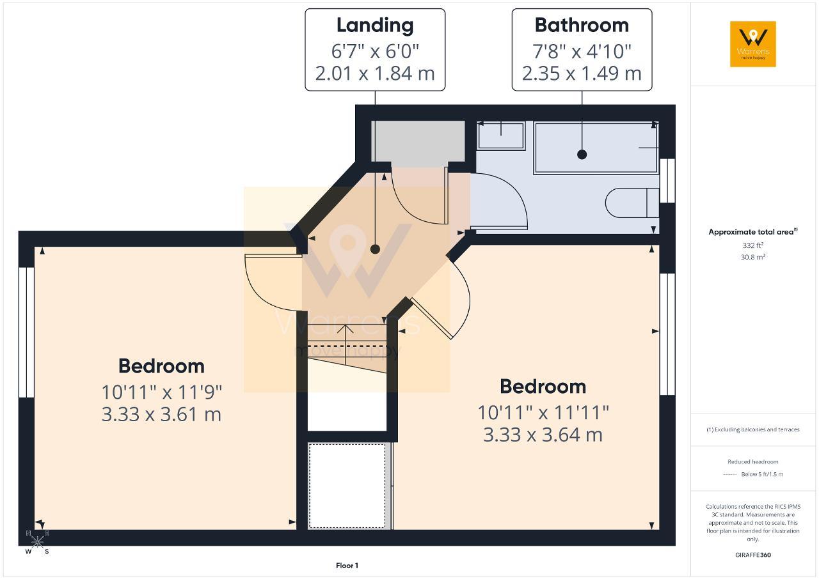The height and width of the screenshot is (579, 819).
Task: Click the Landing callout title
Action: (375, 26)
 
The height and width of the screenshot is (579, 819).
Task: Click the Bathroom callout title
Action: (582, 25)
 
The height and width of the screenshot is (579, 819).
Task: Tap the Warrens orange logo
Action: (753, 44)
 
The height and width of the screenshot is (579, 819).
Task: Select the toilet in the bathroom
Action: (632, 203)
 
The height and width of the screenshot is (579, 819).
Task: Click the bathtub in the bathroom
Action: (596, 148)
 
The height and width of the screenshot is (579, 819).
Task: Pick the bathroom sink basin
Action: (501, 135)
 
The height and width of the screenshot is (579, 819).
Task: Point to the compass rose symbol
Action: (37, 542)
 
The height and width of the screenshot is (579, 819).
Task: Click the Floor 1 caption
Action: (347, 566)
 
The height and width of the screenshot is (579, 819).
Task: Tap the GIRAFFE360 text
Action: (753, 555)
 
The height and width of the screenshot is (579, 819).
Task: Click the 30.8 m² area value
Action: (753, 257)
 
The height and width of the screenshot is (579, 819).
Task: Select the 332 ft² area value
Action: (753, 245)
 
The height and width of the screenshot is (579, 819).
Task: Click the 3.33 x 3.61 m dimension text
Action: (161, 414)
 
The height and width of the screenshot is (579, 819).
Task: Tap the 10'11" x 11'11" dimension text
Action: (543, 413)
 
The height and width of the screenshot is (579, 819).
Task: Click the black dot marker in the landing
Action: (375, 249)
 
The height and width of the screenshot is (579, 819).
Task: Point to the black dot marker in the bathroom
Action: (582, 155)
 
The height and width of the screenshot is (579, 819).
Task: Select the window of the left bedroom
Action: (26, 332)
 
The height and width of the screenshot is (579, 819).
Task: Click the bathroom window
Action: (667, 181)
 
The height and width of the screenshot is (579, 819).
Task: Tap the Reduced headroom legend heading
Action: (753, 461)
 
